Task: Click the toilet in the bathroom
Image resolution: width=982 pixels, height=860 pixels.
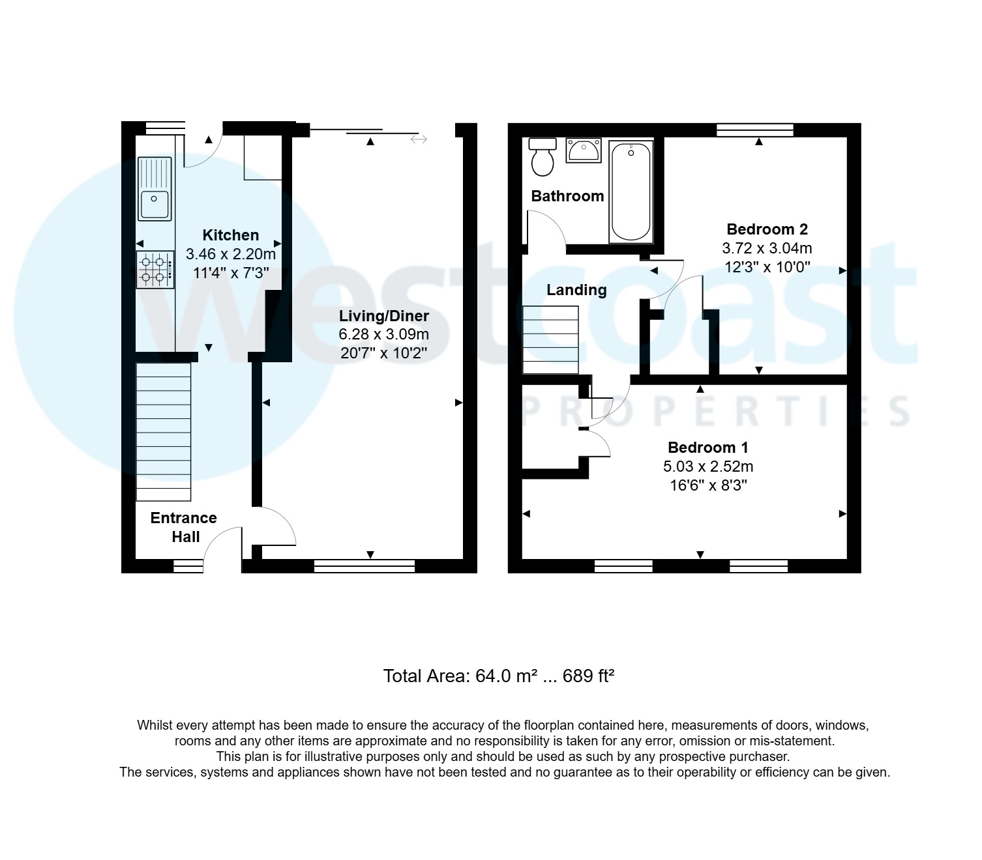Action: [x=542, y=157]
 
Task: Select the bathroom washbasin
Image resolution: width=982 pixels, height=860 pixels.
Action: [x=584, y=150]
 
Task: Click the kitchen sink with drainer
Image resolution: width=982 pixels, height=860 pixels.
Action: [x=155, y=189]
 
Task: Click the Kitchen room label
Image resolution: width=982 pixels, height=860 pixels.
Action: [x=230, y=235]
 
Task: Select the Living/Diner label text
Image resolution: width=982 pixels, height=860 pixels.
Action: [x=383, y=316]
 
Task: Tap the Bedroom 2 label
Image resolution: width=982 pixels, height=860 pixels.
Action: [x=767, y=229]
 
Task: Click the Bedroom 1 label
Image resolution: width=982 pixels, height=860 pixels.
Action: [x=707, y=448]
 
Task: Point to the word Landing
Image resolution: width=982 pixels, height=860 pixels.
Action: [x=576, y=290]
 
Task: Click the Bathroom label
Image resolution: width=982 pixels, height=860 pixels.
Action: [x=567, y=196]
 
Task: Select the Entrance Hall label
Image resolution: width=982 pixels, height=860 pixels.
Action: [x=184, y=527]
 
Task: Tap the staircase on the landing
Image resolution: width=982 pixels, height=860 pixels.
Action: [x=551, y=339]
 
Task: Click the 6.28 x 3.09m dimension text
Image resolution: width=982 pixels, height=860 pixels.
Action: [x=383, y=335]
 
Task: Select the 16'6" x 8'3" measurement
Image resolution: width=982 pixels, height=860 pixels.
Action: [x=707, y=485]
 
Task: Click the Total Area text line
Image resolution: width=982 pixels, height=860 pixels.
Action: [x=499, y=676]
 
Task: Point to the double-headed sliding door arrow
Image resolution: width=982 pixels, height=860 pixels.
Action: [x=419, y=139]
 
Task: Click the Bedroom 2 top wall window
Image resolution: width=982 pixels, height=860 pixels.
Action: [x=754, y=130]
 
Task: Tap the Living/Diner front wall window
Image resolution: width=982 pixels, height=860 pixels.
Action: [x=364, y=566]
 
